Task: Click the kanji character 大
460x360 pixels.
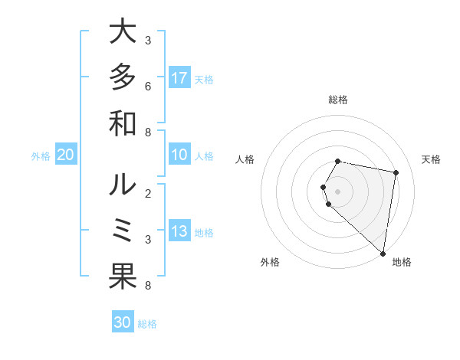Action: point(123,33)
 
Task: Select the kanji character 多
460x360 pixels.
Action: point(123,77)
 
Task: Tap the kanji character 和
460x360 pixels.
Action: point(123,123)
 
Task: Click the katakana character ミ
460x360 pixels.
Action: point(123,231)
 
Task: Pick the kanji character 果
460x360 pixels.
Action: point(123,277)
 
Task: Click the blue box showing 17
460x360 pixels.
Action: point(179,78)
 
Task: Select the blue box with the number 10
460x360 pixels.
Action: point(179,155)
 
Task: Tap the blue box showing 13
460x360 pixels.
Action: point(179,232)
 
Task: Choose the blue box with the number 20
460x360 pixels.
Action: point(65,155)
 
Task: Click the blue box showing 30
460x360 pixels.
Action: point(123,322)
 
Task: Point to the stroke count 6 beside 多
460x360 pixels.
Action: point(147,86)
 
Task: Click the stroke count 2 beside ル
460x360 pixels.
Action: point(147,192)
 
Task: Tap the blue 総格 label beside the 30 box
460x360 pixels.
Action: point(147,323)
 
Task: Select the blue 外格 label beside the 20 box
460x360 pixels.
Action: point(41,156)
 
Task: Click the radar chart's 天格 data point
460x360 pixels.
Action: point(396,173)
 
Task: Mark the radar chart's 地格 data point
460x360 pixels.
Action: point(383,253)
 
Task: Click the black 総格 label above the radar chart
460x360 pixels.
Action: point(338,100)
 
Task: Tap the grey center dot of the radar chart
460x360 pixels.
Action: point(338,191)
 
